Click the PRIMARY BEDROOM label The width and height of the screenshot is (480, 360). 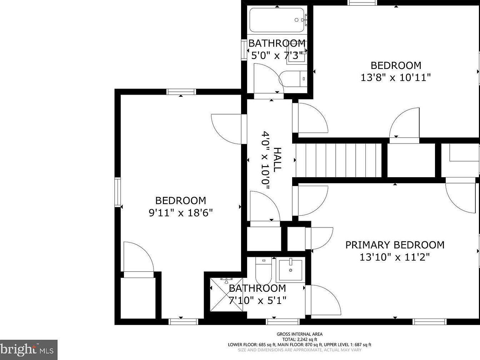point(395,245)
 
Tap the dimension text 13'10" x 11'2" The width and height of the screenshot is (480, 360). point(395,257)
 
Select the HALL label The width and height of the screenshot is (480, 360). point(277,160)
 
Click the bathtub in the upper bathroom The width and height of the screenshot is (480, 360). point(277,20)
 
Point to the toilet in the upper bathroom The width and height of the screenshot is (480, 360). point(293,79)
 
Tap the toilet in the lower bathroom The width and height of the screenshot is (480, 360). point(264,271)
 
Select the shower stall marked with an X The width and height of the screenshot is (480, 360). point(226,294)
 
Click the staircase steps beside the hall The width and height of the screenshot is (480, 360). point(339,160)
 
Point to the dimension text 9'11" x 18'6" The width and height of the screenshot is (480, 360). point(181,212)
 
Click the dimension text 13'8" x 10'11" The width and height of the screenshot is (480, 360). point(396,77)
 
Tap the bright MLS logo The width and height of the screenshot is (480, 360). point(29,350)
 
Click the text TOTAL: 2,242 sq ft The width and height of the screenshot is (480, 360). point(300,339)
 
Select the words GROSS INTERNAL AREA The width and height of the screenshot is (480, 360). point(300,334)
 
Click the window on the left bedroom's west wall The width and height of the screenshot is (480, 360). point(117,192)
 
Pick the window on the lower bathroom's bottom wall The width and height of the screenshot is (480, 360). point(283,321)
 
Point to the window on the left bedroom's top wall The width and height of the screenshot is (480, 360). point(181,92)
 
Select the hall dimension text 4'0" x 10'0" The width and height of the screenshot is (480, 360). point(265,160)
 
